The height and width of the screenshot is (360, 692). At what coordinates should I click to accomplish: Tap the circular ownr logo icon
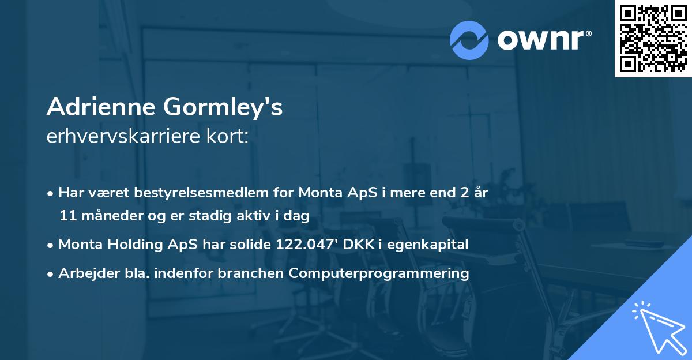click(469, 40)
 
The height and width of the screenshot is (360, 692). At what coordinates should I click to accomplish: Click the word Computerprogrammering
click(379, 273)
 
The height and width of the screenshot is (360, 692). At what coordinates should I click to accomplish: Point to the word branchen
click(251, 273)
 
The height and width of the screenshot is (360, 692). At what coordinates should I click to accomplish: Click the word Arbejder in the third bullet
click(85, 273)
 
